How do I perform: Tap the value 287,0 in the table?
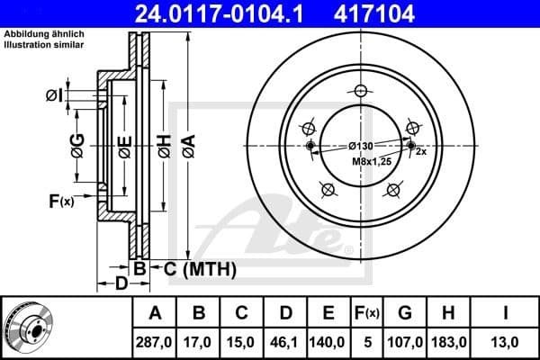click(155, 343)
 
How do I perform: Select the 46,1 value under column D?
click(285, 343)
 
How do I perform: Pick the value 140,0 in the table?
click(328, 343)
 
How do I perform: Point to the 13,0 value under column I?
click(506, 343)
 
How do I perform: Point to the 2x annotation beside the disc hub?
click(420, 152)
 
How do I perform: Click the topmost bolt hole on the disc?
click(362, 90)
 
